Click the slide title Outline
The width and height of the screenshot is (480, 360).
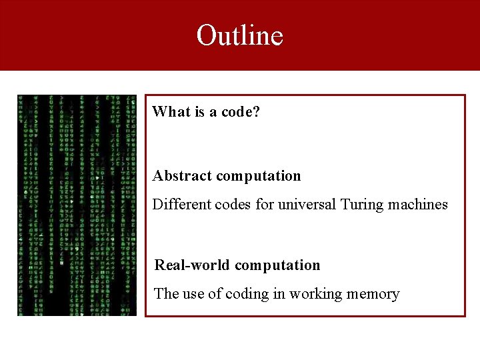[239, 35]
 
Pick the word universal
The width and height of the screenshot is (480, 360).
[307, 205]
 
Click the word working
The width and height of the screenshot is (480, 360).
[313, 294]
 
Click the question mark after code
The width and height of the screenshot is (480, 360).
[256, 112]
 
